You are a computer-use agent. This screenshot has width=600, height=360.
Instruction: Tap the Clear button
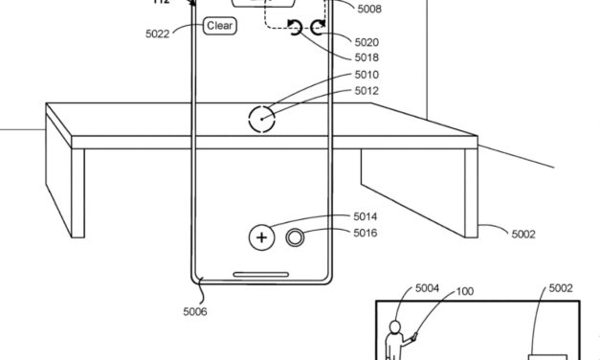[219, 26]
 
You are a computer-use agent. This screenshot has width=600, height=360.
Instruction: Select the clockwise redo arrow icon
[317, 28]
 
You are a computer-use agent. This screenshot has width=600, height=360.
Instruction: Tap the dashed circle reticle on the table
[261, 120]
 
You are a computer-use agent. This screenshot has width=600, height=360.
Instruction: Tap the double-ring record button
[297, 237]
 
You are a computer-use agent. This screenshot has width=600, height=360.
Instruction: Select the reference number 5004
[427, 287]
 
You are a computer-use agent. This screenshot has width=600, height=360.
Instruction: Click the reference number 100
[464, 290]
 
